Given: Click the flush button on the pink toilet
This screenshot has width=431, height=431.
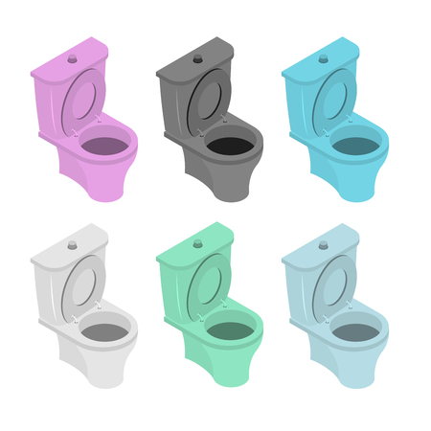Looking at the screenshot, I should pos(72,59).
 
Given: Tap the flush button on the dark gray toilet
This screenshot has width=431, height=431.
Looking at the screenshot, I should pos(197,59).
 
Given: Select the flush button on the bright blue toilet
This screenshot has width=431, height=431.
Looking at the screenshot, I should pos(323,59).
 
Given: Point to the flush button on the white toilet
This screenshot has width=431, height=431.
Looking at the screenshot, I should pos(72,245).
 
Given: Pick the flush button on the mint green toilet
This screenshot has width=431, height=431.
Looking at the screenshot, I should pos(197,245).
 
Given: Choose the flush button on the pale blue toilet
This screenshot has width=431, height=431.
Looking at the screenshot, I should pos(323,245).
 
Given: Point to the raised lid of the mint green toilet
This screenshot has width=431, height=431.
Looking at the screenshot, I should pos(208,288).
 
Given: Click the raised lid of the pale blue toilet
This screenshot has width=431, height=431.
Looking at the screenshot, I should pos(333,288).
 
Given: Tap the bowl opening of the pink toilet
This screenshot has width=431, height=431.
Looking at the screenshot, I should pos(104,146).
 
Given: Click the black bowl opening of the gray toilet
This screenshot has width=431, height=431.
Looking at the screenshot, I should pos(230,146).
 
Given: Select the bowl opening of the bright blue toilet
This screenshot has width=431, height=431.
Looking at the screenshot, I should pos(355,146).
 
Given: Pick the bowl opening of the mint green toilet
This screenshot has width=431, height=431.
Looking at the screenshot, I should pos(230,331).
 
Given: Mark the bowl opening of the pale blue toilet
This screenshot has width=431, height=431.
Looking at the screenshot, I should pos(355,331).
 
